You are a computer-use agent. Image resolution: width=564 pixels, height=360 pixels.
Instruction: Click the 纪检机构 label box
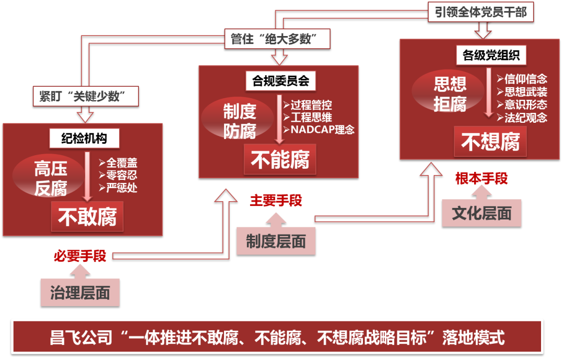85,138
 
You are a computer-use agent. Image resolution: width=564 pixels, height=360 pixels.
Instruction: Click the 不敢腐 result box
87,217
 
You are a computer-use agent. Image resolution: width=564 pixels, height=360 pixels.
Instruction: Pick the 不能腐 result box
280,159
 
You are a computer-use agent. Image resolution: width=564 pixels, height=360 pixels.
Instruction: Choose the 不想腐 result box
490,142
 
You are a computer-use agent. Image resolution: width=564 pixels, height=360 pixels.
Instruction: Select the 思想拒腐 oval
450,95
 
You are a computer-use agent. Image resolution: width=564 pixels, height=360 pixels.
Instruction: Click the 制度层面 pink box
276,241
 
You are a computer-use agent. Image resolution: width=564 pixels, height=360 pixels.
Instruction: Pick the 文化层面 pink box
481,213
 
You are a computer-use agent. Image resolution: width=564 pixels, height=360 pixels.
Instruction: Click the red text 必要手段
80,256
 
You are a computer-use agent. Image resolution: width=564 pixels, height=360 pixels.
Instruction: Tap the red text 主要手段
276,200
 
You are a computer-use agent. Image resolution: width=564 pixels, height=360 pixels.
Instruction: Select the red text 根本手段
481,179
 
